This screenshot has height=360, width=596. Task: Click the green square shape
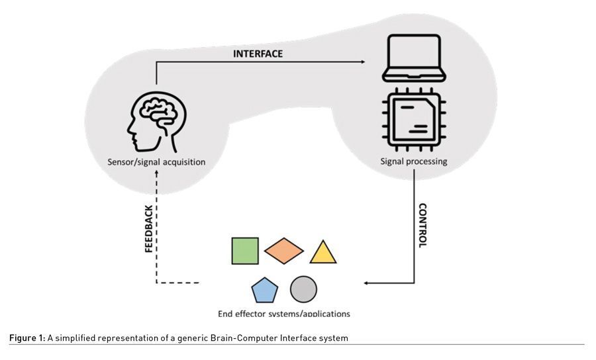tap(245, 251)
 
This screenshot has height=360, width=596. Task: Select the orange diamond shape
tap(283, 251)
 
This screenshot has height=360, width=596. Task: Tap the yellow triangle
tap(323, 253)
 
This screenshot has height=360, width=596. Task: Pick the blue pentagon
tap(264, 290)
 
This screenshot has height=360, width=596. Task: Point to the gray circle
tap(303, 289)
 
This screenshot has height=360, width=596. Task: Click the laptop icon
tap(414, 56)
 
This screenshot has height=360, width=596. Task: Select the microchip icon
tap(414, 118)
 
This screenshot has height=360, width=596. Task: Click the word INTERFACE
tap(258, 54)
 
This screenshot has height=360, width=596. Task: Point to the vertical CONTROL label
tap(422, 225)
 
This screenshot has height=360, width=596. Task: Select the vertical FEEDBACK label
tap(149, 228)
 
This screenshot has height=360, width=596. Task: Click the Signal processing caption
tap(414, 161)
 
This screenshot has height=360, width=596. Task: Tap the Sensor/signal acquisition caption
tap(157, 161)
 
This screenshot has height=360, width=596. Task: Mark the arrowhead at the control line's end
tap(366, 283)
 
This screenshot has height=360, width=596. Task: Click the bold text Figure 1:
tap(27, 338)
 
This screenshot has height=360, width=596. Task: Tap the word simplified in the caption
tap(76, 338)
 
